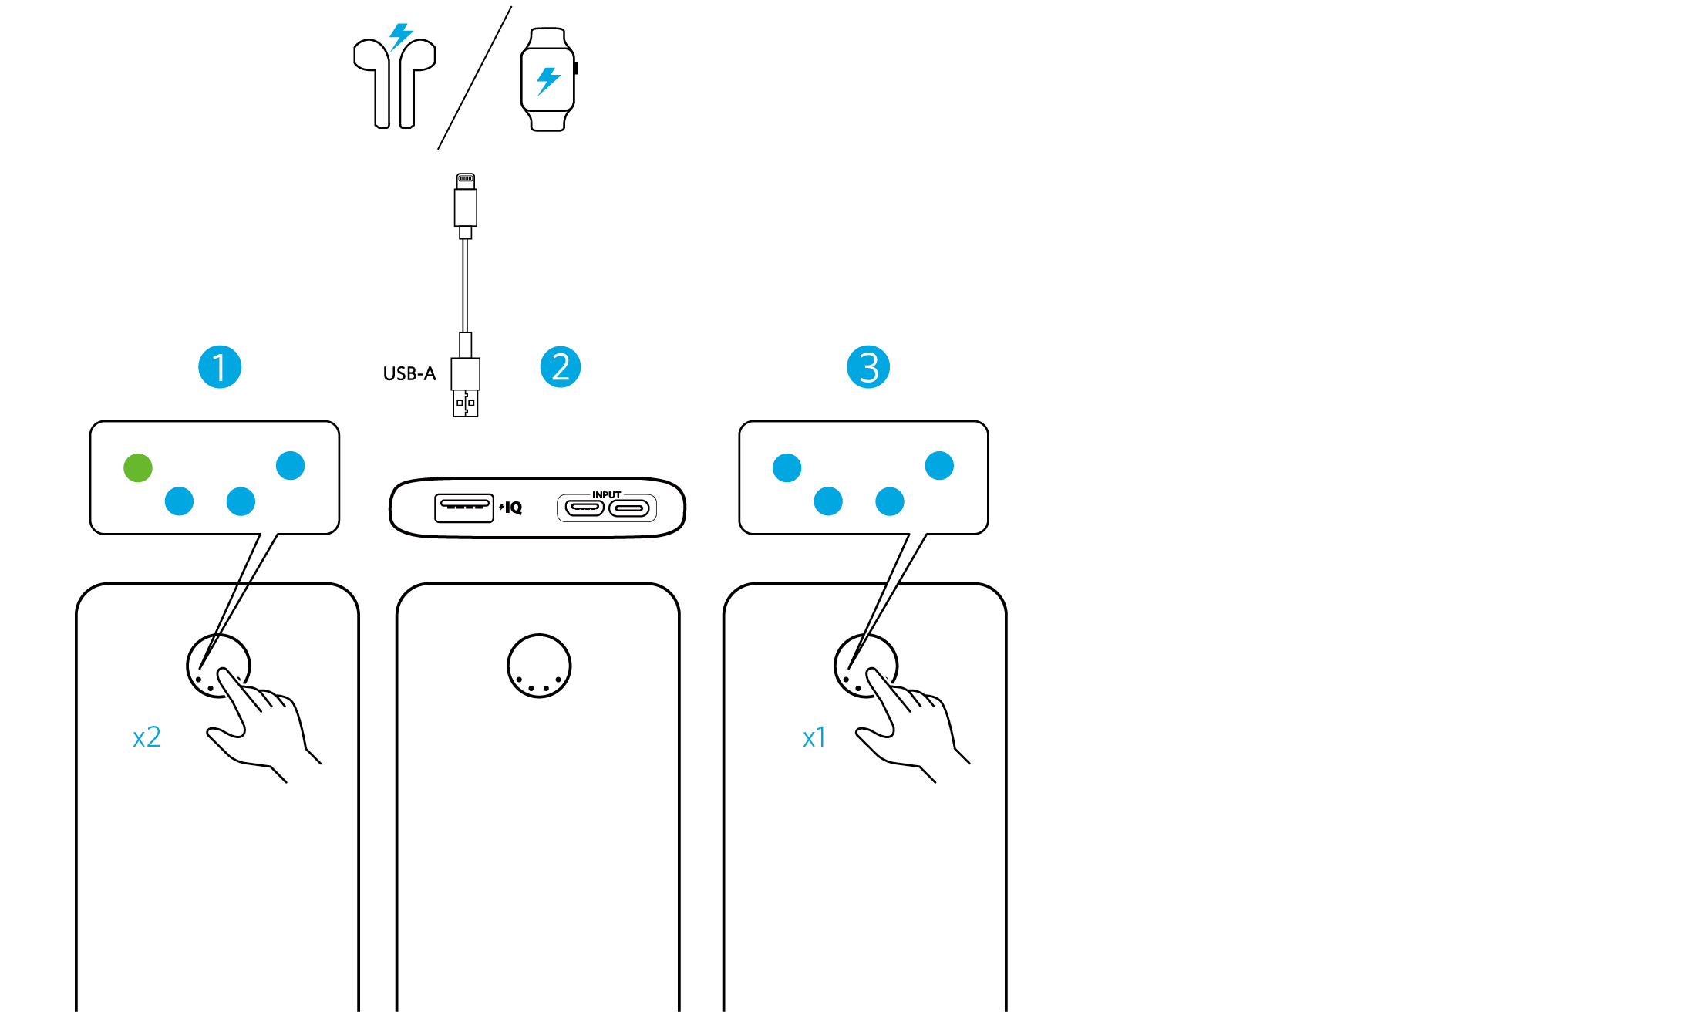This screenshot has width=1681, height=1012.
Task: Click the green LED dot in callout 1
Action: coord(138,467)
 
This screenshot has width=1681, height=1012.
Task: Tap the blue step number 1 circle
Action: coord(220,367)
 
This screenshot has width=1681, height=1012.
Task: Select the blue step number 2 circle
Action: coord(561,367)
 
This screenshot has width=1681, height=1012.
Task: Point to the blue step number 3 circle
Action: coord(868,367)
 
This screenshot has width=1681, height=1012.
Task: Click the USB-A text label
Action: coord(409,374)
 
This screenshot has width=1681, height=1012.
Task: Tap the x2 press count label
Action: coord(147,737)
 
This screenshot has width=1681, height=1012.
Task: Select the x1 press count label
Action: coord(814,738)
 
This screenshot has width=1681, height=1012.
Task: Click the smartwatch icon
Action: coord(548,79)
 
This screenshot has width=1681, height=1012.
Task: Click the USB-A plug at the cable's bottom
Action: coord(465,388)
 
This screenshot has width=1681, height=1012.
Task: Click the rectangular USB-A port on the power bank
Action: coord(463,508)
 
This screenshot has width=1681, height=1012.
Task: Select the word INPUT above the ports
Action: coord(607,495)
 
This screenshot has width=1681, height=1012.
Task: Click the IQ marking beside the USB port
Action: coord(512,508)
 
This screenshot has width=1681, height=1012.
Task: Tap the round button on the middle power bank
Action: coord(539,666)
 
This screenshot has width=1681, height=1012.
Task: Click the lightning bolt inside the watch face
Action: coord(548,80)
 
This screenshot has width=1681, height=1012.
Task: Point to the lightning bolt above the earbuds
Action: coord(400,35)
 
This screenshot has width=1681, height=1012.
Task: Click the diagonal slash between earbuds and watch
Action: coord(474,78)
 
